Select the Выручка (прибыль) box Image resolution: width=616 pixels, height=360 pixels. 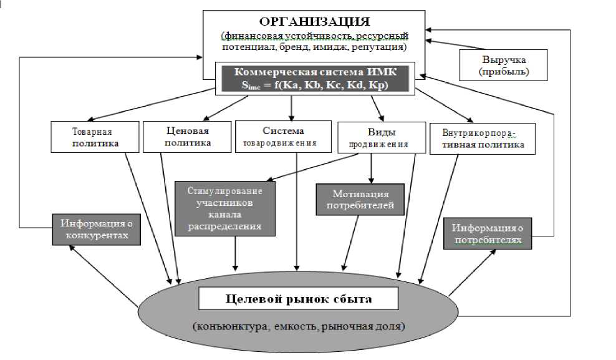pyautogui.click(x=503, y=66)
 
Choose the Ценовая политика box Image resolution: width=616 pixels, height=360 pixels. pyautogui.click(x=187, y=137)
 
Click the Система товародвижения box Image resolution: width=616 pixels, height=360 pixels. pyautogui.click(x=284, y=137)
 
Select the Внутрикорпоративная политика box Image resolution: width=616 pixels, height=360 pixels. pyautogui.click(x=477, y=138)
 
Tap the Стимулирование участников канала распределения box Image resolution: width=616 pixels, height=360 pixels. pyautogui.click(x=225, y=208)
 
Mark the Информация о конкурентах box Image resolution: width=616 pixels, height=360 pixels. pyautogui.click(x=95, y=229)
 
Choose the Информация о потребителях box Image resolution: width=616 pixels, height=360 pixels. pyautogui.click(x=488, y=233)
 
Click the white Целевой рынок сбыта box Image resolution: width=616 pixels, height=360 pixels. pyautogui.click(x=298, y=299)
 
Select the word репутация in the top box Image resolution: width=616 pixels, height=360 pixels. pyautogui.click(x=385, y=47)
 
